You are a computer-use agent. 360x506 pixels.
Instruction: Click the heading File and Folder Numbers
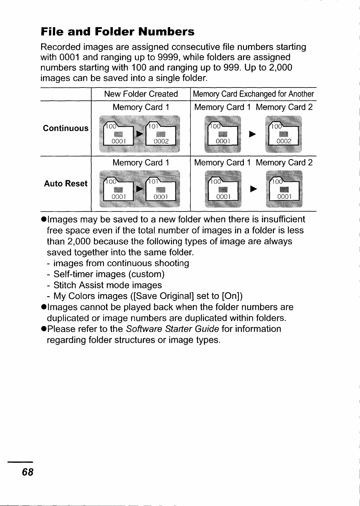(x=117, y=32)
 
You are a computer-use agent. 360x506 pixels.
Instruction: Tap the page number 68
(x=28, y=472)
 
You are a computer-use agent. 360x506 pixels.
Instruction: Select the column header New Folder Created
(x=141, y=94)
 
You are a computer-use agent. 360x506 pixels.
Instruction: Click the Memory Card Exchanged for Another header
(x=253, y=94)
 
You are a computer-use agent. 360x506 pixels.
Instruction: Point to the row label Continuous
(x=66, y=128)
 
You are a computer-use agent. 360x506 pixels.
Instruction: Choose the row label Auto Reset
(x=66, y=184)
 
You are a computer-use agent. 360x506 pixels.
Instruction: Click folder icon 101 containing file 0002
(x=160, y=134)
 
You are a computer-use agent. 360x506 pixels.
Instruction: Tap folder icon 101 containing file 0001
(x=160, y=190)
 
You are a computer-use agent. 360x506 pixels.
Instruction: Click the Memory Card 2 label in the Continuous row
(x=284, y=107)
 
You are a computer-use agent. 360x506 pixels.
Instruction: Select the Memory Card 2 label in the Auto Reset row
(x=284, y=163)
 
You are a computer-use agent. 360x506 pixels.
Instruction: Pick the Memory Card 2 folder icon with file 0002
(x=284, y=135)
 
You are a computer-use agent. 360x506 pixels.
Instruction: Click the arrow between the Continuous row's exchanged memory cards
(x=252, y=134)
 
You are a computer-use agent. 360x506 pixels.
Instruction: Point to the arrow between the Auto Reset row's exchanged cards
(x=254, y=189)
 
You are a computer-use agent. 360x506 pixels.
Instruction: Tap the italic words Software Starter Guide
(x=172, y=329)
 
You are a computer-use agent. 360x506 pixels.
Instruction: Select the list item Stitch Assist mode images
(x=108, y=285)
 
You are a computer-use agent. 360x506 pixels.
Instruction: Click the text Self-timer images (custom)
(x=109, y=274)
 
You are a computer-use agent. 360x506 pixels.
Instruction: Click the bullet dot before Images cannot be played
(x=44, y=307)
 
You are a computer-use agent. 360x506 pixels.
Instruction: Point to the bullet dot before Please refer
(x=44, y=329)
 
